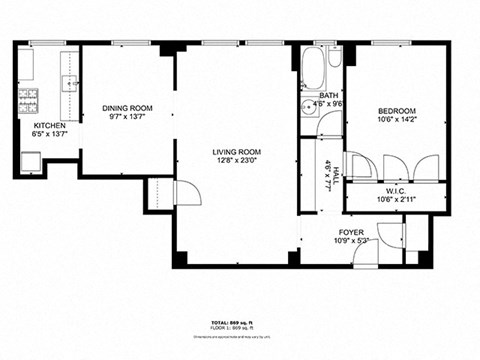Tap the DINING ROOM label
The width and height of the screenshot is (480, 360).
[x=126, y=107]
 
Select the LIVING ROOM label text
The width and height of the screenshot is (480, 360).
[x=236, y=152]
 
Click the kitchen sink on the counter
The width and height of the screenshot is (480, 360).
[x=71, y=85]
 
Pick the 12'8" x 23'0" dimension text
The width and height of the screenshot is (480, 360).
[x=236, y=161]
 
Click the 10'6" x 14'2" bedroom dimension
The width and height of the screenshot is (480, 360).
[x=397, y=120]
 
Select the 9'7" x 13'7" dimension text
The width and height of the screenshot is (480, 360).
[x=126, y=117]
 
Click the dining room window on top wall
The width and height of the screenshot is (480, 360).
[x=127, y=43]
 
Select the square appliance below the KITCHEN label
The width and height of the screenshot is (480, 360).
[x=31, y=161]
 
